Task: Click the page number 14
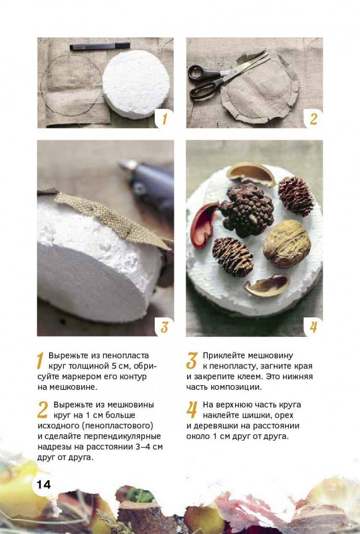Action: [x=44, y=484]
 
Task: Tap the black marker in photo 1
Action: [x=100, y=46]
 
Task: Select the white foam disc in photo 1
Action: [x=136, y=84]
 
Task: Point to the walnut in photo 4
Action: [x=287, y=243]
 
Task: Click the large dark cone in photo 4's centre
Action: [x=246, y=210]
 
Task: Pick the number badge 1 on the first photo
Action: [x=164, y=119]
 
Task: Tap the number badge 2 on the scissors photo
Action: [x=314, y=119]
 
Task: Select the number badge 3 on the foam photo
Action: [x=164, y=326]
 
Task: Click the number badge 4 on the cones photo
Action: [x=314, y=326]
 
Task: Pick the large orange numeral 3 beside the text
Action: [x=192, y=361]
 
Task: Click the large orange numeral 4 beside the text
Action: [x=192, y=410]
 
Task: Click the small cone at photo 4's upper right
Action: [x=295, y=196]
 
